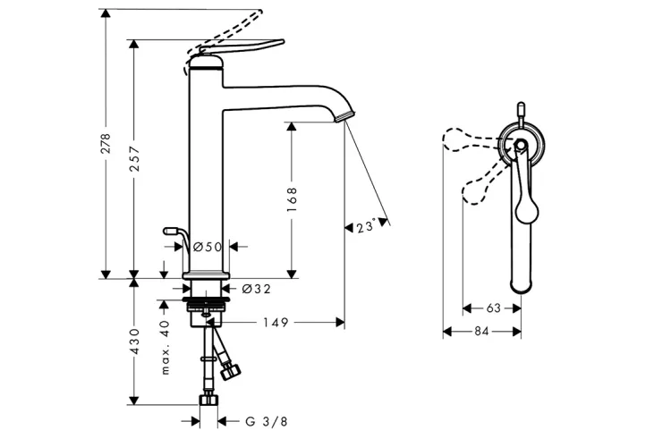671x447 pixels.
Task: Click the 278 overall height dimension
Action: pos(106,143)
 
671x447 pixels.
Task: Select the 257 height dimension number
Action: pos(134,159)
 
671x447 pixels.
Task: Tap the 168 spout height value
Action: pos(292,198)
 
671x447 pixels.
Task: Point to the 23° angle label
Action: pos(366,226)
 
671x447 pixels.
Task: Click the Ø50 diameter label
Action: pos(208,247)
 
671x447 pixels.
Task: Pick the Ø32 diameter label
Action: pos(257,289)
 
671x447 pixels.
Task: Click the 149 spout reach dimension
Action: pos(276,323)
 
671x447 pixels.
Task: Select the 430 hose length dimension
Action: pos(134,342)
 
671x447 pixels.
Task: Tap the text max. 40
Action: pos(166,348)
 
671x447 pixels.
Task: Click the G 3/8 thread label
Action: pos(267,422)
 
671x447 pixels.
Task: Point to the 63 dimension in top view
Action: pos(493,308)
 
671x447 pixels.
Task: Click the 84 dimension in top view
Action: pos(481,331)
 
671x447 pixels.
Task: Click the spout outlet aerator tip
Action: pos(345,116)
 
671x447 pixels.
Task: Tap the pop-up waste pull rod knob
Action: pos(170,232)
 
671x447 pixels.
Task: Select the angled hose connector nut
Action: pos(231,370)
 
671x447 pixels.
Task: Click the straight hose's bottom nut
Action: pos(208,400)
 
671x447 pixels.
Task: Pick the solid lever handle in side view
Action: pos(241,48)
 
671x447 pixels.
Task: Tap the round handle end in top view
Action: pos(527,212)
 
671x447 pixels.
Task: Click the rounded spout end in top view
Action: pos(522,286)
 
